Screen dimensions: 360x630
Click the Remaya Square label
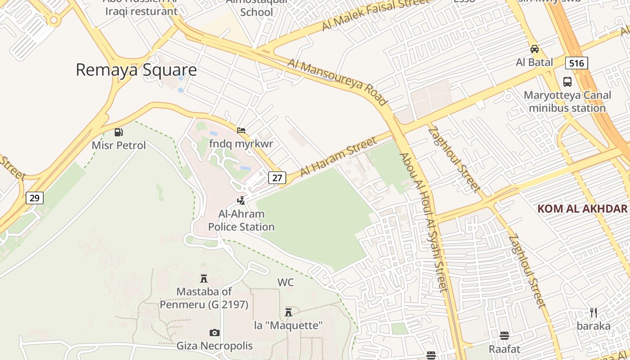(x=136, y=70)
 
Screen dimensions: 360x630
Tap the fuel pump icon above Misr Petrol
(x=119, y=132)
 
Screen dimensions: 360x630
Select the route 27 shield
(x=277, y=178)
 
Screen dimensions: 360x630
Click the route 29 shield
(x=34, y=198)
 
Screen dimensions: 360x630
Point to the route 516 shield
(x=576, y=63)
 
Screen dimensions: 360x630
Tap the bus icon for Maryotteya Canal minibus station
(x=567, y=82)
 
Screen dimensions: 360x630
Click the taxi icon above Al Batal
(x=535, y=49)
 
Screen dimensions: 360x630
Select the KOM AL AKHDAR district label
(x=582, y=209)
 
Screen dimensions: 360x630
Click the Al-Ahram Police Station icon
(x=242, y=200)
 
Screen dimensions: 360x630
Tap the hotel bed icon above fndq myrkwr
(x=241, y=130)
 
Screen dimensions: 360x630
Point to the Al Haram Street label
(x=338, y=157)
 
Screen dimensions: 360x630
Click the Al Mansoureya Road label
(x=337, y=81)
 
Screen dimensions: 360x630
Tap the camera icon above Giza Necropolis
(x=215, y=333)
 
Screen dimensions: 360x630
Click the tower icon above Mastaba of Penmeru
(x=204, y=278)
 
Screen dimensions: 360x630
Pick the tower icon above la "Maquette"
(x=288, y=312)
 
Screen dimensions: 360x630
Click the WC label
(x=285, y=283)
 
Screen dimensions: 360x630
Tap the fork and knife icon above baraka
(x=594, y=313)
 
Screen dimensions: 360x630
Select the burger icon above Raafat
(x=504, y=336)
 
